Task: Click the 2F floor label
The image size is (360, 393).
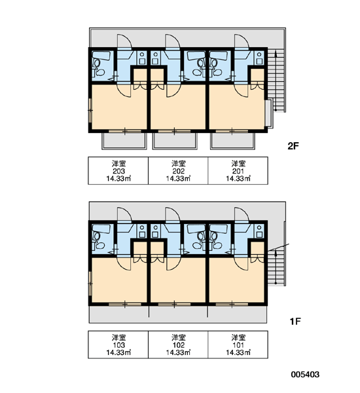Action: coord(293,146)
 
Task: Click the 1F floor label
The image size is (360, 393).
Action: coord(295,322)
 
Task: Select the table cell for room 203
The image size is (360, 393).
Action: coord(118,171)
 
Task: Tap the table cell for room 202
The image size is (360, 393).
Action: coord(178,171)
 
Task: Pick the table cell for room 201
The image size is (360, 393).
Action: coord(238,171)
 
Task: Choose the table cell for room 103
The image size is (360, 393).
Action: coord(118,345)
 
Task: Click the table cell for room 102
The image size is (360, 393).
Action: coord(178,345)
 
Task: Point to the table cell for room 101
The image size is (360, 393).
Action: coord(238,345)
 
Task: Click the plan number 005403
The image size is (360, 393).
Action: coord(305,375)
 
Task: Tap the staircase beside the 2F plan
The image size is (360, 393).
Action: coord(276,81)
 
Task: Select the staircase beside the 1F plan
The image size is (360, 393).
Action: coord(276,266)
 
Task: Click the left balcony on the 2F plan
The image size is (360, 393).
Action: coord(124,141)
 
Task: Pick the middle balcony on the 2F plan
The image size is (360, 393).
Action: coord(175,141)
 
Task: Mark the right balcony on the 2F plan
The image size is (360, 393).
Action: coord(232,141)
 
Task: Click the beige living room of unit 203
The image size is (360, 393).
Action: coord(119,108)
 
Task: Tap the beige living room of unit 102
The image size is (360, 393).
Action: coord(178,281)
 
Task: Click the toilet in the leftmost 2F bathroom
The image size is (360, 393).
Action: coord(100,73)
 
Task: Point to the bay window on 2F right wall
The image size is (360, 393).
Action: coord(268,113)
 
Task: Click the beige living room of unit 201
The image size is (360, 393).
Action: coord(236,109)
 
